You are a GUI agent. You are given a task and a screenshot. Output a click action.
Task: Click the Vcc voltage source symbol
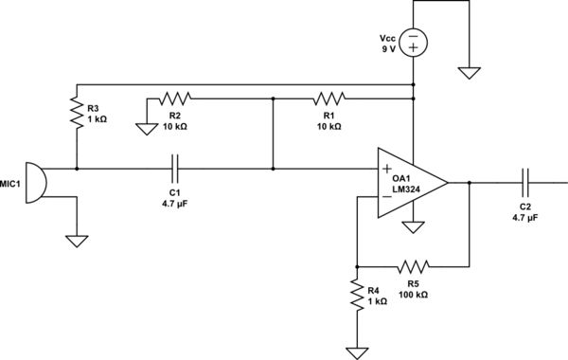[414, 43]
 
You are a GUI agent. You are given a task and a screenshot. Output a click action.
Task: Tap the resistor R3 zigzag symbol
[76, 113]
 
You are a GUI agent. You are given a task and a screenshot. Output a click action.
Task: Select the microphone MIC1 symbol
[33, 182]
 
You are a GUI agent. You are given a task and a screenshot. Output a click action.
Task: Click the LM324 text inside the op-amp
[407, 189]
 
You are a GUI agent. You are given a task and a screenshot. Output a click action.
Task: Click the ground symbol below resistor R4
[356, 353]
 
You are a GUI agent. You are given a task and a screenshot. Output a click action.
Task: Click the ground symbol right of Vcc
[469, 71]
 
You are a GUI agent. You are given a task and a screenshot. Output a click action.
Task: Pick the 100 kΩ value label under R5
[413, 296]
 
